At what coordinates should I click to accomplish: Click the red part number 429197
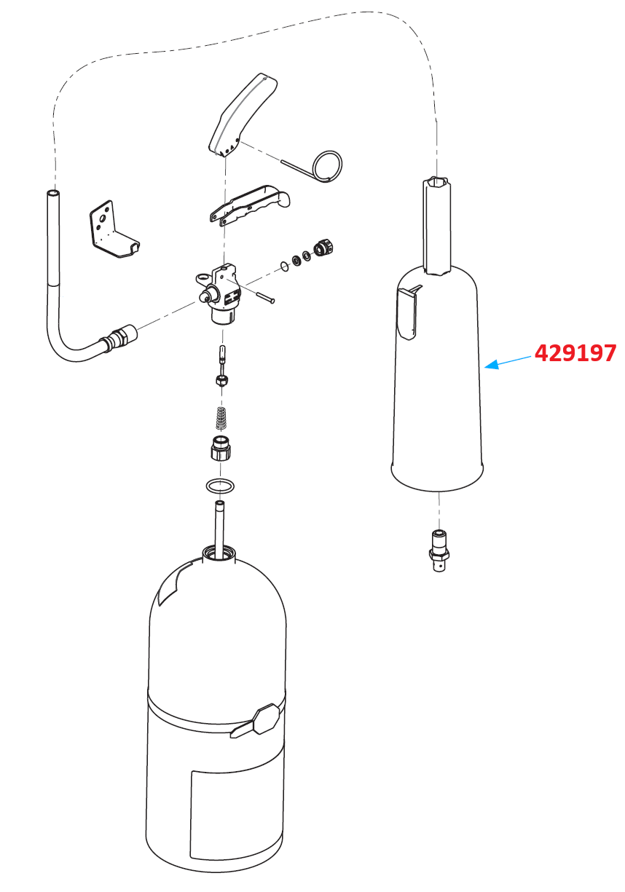pos(575,353)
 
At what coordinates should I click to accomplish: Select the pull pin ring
pos(326,165)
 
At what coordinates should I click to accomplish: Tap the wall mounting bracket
pos(110,230)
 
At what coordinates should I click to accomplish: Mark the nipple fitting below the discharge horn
pos(439,550)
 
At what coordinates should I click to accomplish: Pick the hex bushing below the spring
pos(221,448)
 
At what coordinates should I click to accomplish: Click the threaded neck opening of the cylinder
pos(219,553)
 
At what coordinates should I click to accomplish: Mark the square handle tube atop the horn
pos(437,222)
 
